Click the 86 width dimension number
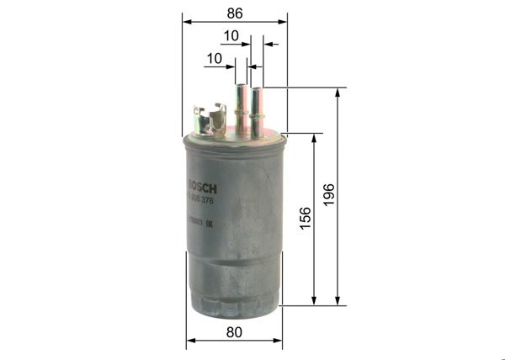tap(234, 13)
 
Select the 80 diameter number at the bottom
tap(234, 332)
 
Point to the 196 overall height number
tap(329, 195)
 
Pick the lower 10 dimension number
tap(214, 58)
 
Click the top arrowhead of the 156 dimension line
tap(315, 137)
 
